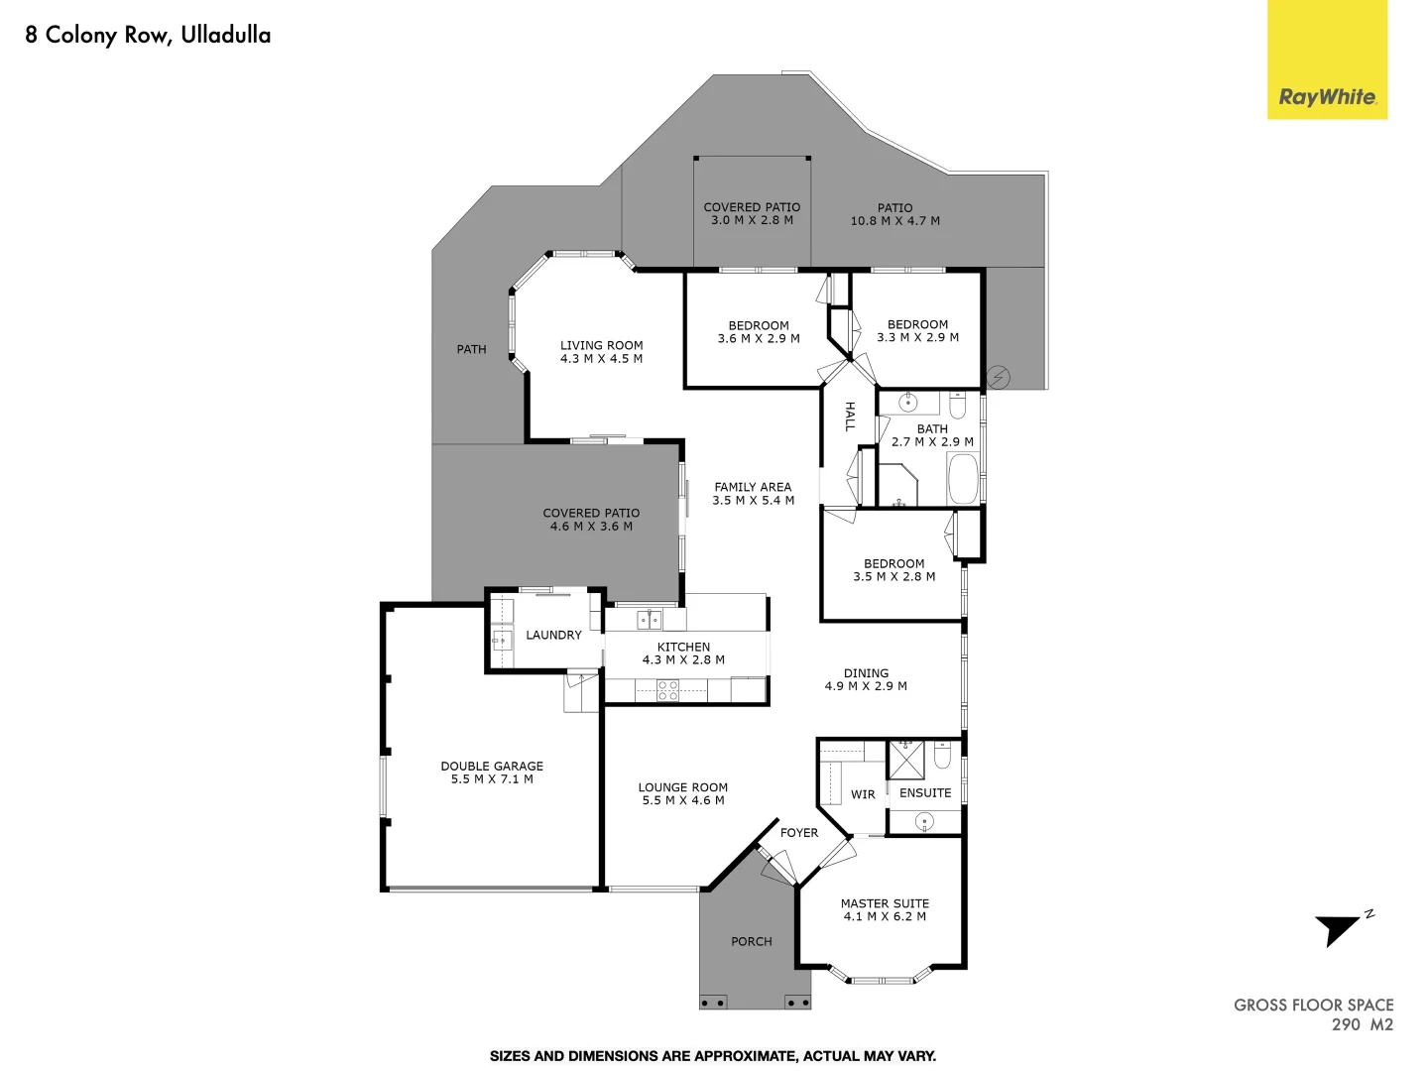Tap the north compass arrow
(x=1339, y=929)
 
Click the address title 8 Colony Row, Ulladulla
(x=148, y=36)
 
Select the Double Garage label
(x=492, y=766)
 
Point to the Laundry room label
(x=553, y=635)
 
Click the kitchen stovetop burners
(x=668, y=690)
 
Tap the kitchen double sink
(x=650, y=621)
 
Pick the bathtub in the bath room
(x=963, y=479)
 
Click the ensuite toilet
(x=943, y=757)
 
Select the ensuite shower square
(x=905, y=759)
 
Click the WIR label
(x=863, y=794)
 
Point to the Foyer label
(x=799, y=833)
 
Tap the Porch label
(x=751, y=941)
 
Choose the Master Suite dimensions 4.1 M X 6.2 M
(x=885, y=917)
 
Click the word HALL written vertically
(x=850, y=416)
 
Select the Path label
(x=471, y=349)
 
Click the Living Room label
(x=601, y=345)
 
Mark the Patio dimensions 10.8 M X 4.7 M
(x=894, y=221)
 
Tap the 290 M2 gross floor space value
(x=1362, y=1024)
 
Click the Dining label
(x=866, y=672)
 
